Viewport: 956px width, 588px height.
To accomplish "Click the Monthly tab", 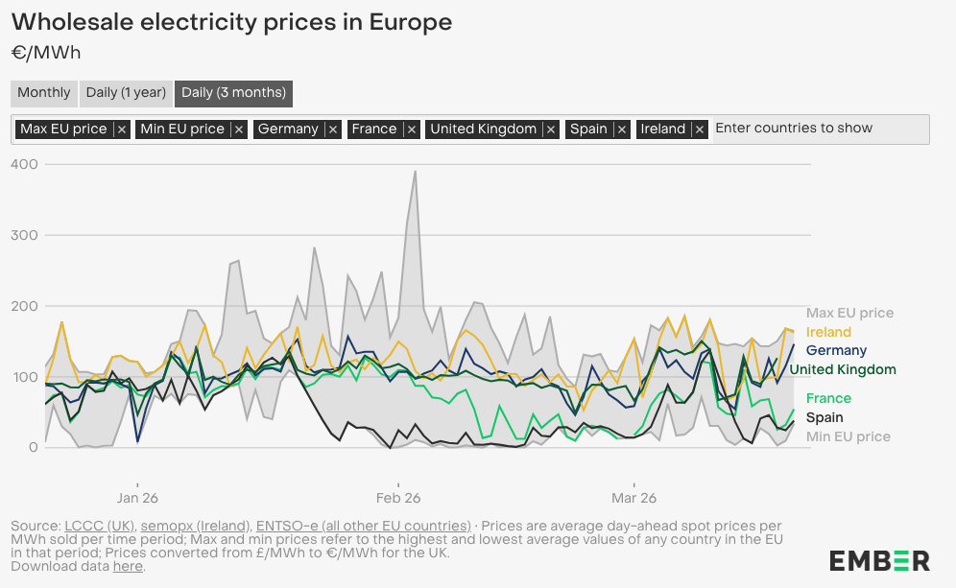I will click(44, 93).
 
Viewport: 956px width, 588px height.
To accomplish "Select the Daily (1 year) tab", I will click(126, 93).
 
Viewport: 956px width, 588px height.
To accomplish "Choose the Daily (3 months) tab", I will click(233, 93).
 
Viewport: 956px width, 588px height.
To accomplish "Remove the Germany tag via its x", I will click(332, 129).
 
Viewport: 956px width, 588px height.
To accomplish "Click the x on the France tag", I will click(411, 129).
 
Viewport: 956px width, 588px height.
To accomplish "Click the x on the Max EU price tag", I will click(121, 129).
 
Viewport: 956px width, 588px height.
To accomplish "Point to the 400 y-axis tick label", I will click(25, 165).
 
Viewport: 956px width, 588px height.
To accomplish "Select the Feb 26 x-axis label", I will click(398, 498).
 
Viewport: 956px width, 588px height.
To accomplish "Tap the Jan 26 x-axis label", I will click(137, 498).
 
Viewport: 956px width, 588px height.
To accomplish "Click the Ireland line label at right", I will click(828, 332).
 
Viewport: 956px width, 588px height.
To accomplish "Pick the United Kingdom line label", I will click(843, 369).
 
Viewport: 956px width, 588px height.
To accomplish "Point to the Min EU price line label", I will click(848, 436).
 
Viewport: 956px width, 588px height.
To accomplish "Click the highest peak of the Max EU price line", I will click(415, 172).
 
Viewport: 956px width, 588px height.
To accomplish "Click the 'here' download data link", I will click(128, 566).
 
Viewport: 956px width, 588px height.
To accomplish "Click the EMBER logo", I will click(879, 561).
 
